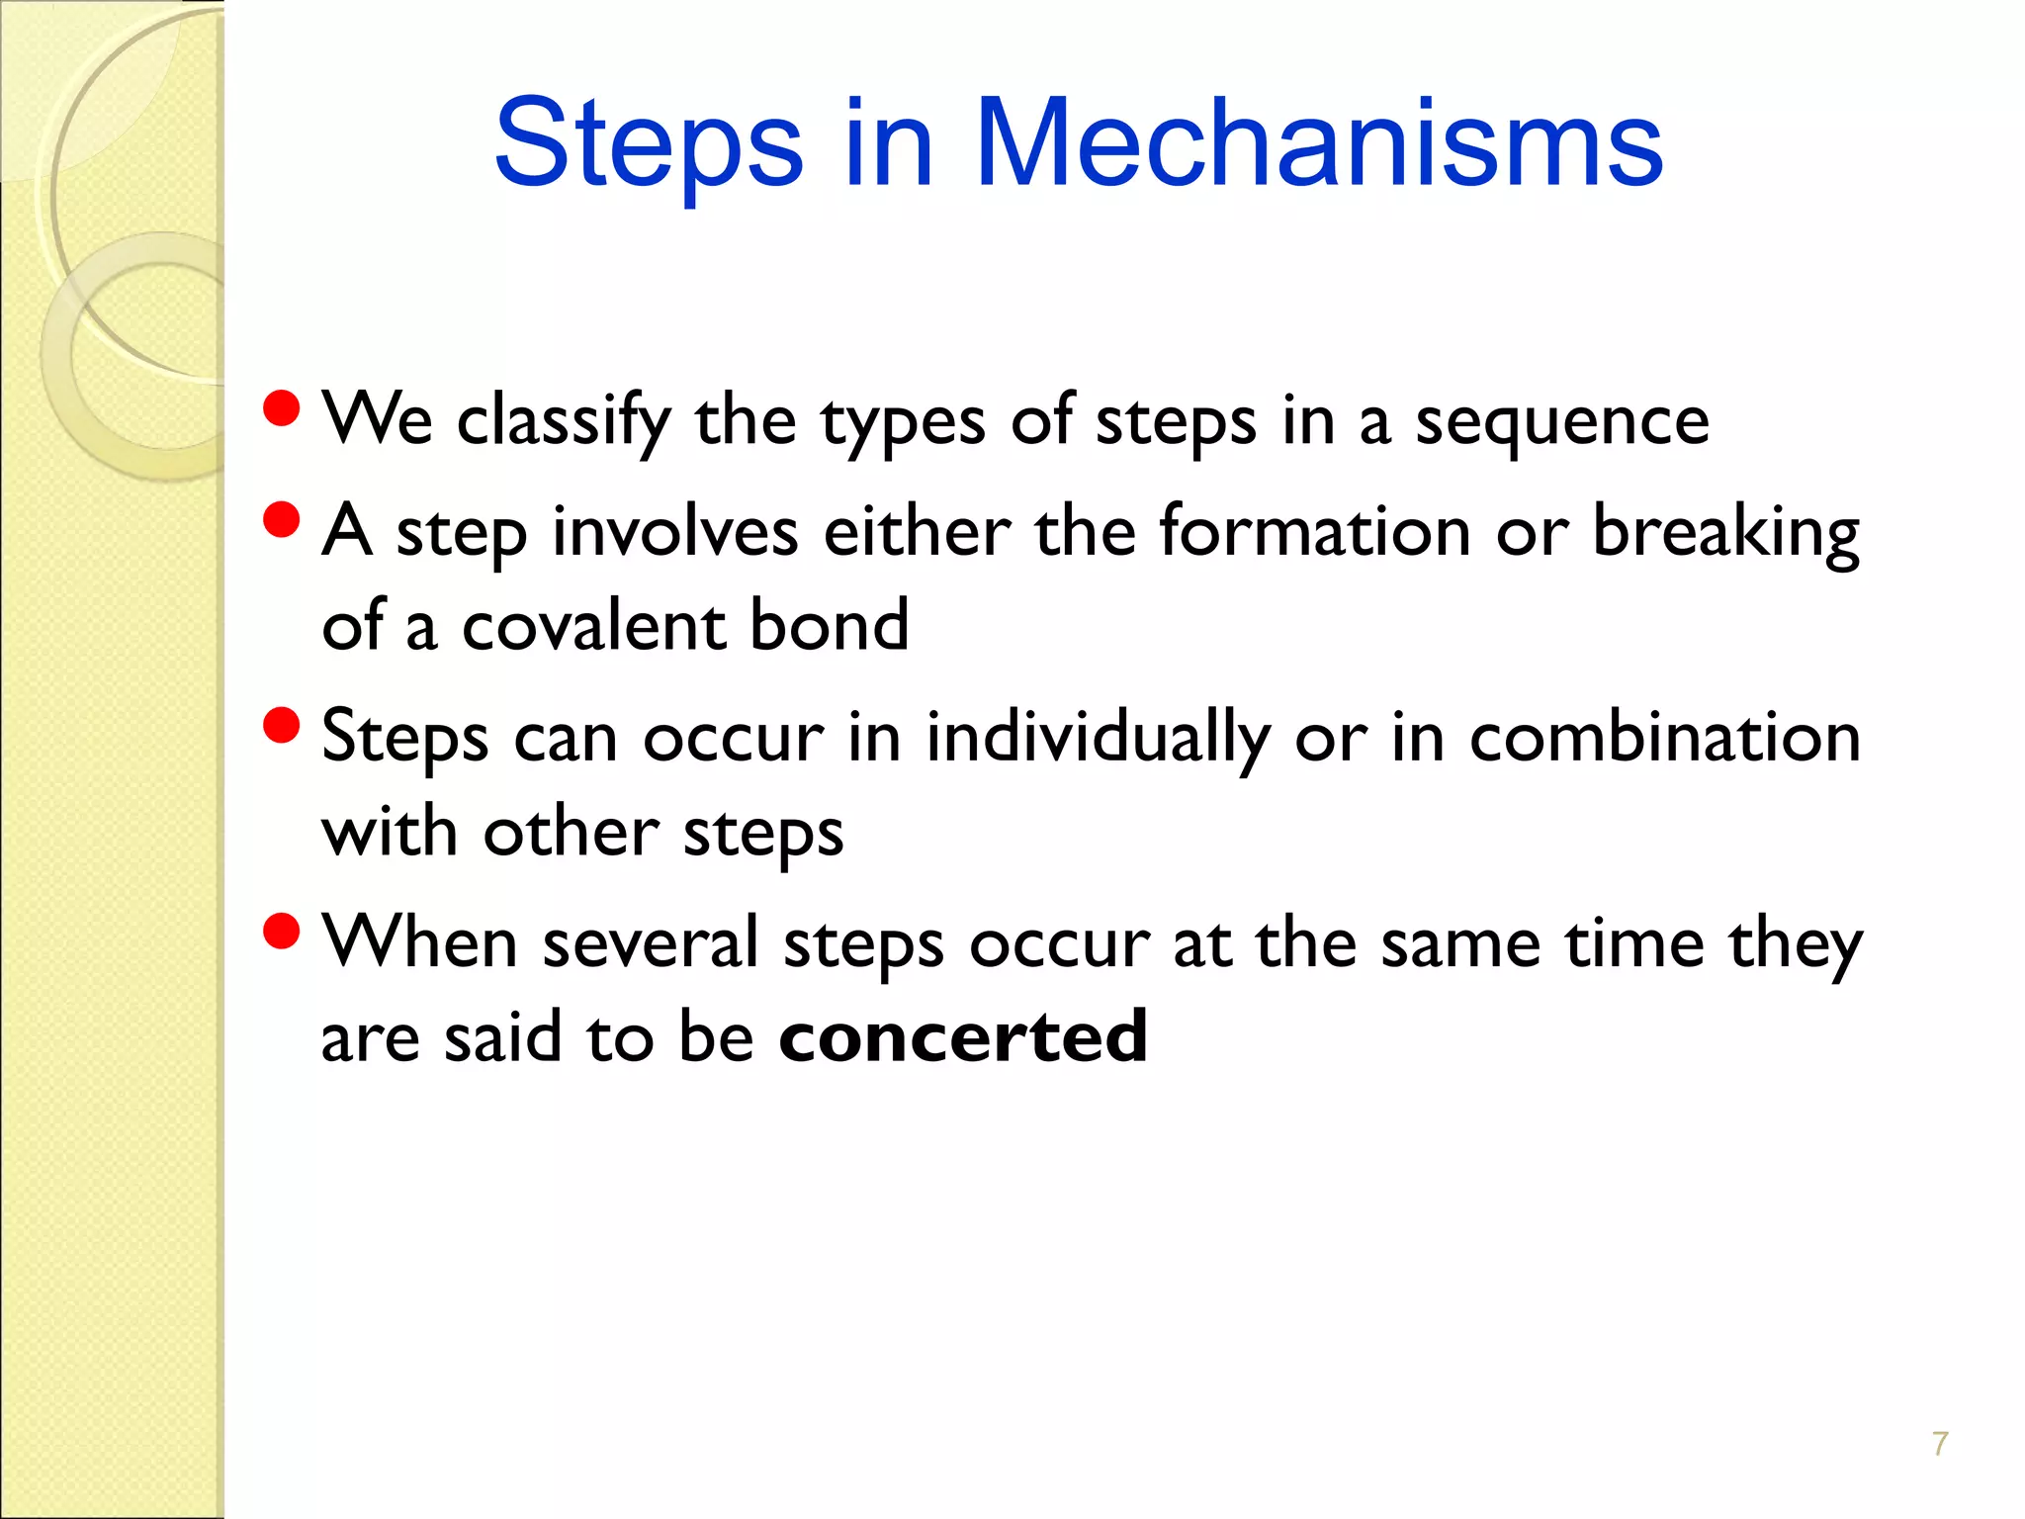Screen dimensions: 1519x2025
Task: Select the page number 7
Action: click(x=1940, y=1444)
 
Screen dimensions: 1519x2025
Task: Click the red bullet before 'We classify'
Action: click(x=282, y=408)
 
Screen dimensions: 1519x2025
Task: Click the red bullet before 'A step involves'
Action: click(x=282, y=520)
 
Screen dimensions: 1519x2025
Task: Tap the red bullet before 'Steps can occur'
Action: click(x=282, y=725)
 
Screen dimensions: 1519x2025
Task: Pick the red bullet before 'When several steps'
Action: click(x=282, y=931)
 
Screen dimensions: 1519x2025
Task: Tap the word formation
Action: click(x=1315, y=532)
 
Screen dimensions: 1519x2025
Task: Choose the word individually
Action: click(x=1098, y=739)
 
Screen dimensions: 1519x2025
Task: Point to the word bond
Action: click(x=829, y=627)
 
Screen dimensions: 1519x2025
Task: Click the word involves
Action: click(x=674, y=532)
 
